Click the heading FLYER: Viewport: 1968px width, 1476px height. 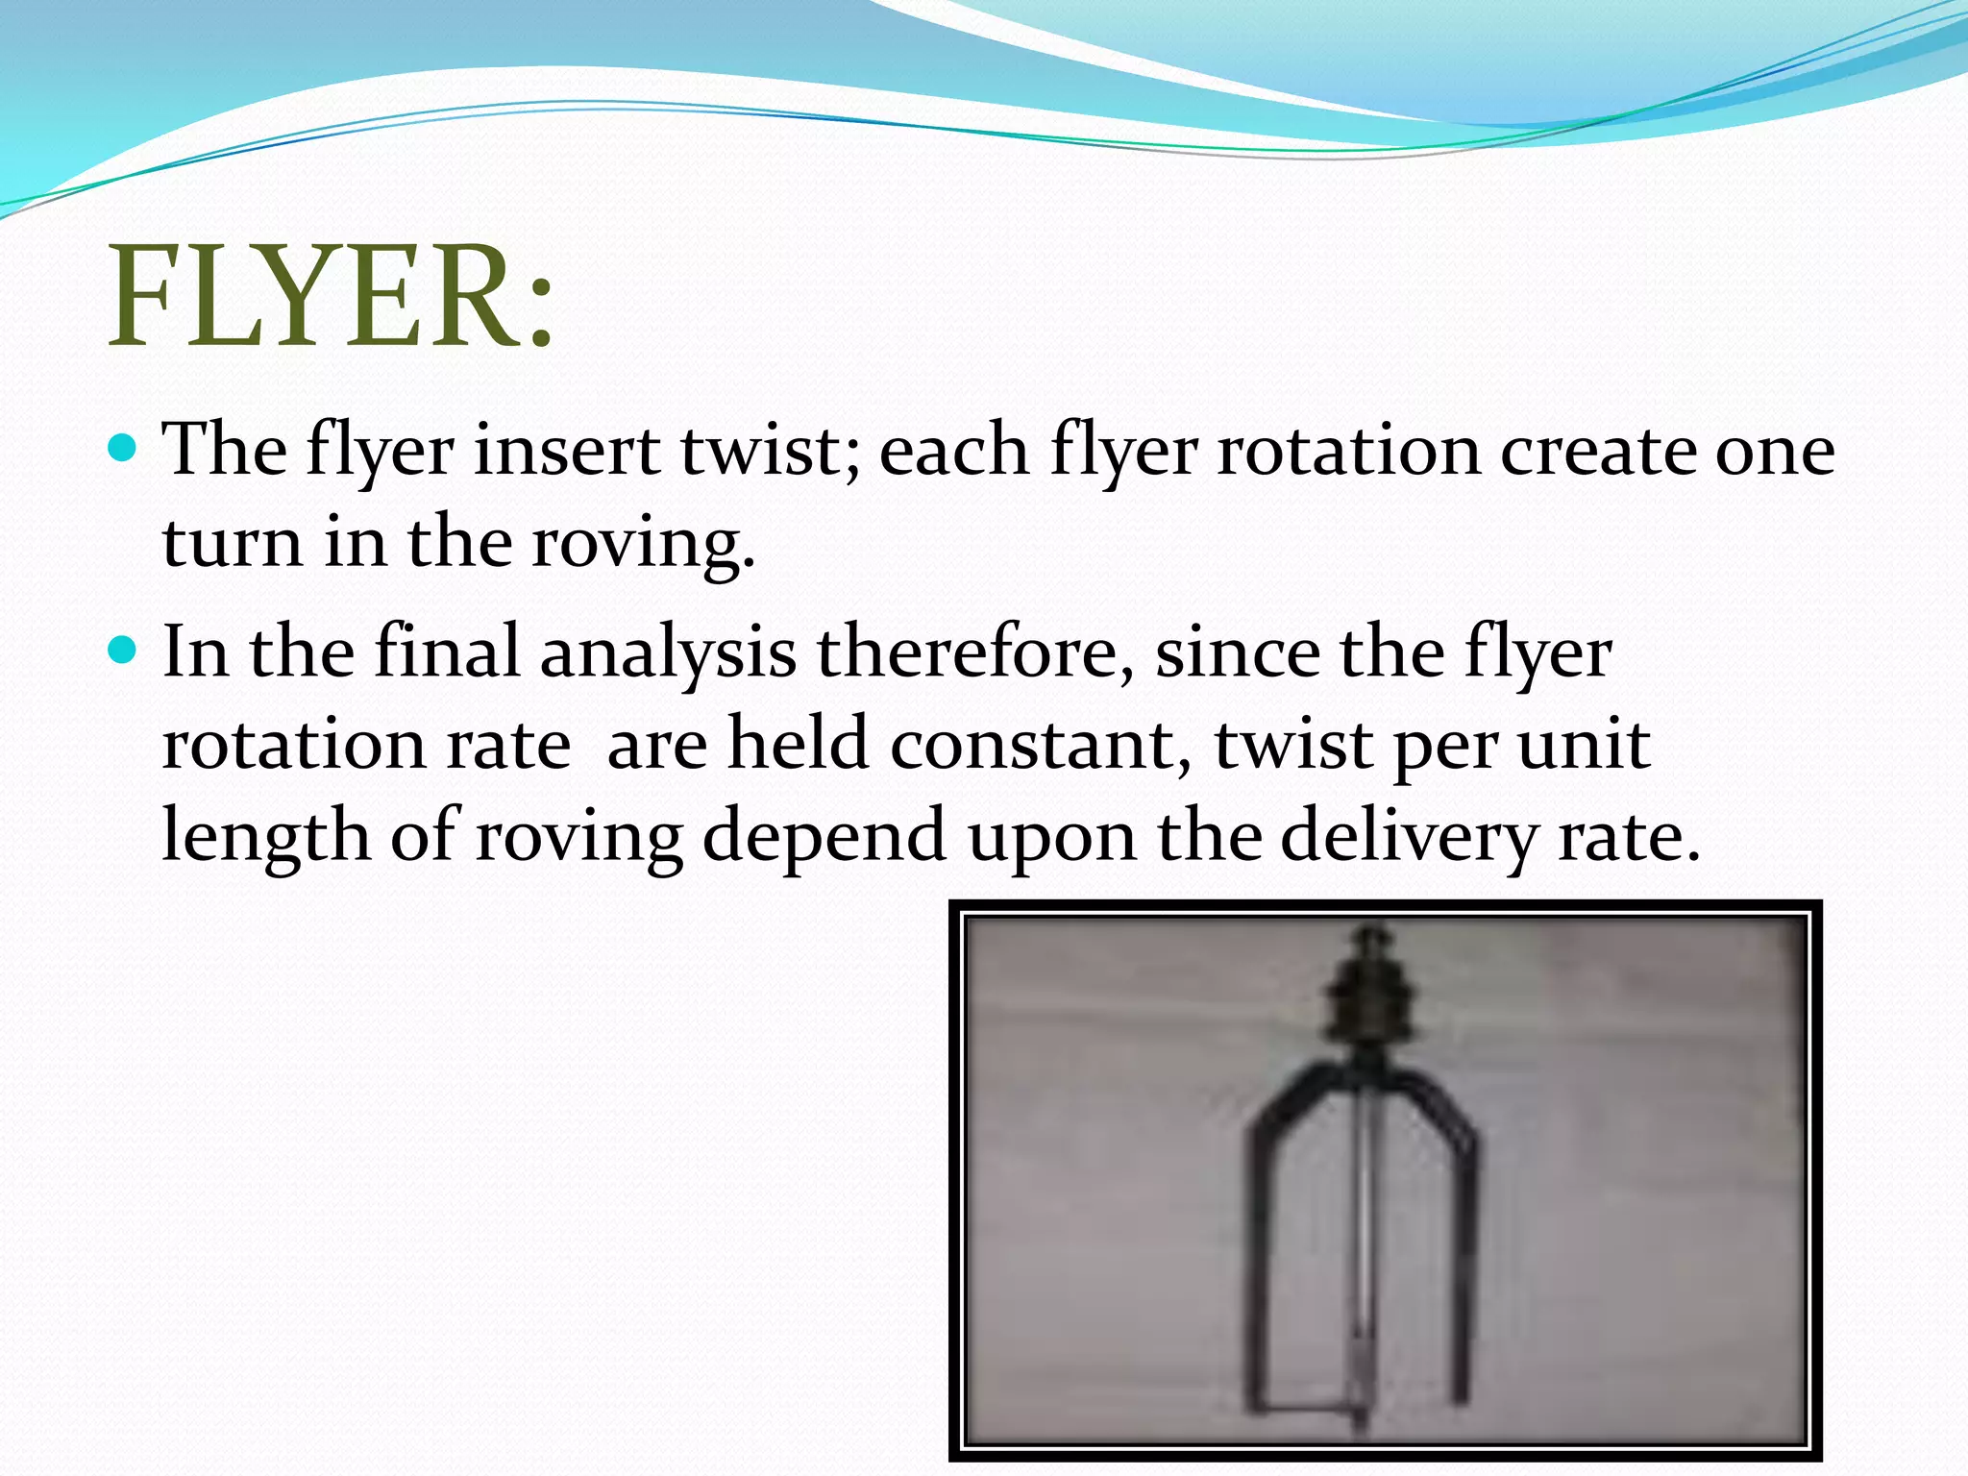click(332, 296)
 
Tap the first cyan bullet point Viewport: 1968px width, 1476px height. click(124, 448)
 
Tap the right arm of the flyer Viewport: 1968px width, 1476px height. click(1463, 1249)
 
